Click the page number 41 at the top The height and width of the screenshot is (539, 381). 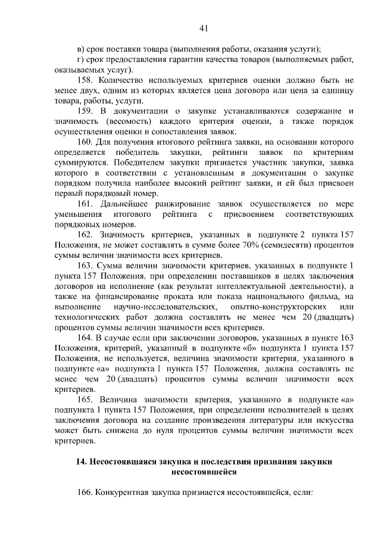click(203, 28)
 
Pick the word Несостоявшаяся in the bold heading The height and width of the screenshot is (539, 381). click(122, 463)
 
